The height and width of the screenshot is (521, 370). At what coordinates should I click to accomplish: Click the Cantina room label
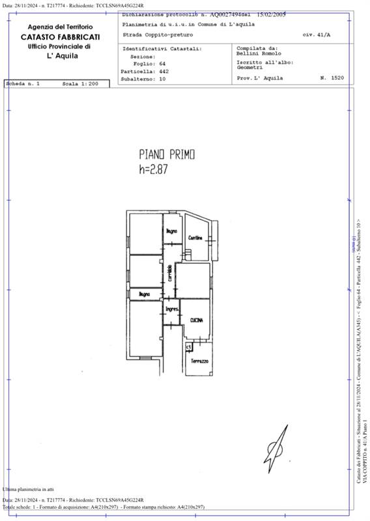(x=196, y=238)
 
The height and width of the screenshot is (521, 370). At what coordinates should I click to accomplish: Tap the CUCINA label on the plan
(x=197, y=320)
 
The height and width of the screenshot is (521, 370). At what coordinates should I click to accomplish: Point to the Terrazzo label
(x=200, y=361)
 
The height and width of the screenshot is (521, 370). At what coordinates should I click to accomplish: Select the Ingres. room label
(x=171, y=309)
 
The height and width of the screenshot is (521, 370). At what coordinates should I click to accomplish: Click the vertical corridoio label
(x=169, y=273)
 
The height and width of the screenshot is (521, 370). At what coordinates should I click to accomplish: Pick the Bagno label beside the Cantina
(x=171, y=232)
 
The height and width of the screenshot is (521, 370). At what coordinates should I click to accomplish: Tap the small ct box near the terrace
(x=189, y=346)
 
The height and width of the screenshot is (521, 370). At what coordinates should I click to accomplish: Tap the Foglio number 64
(x=163, y=64)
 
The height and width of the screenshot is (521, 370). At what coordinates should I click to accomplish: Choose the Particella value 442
(x=164, y=71)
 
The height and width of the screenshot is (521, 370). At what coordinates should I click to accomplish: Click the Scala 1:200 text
(x=80, y=85)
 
